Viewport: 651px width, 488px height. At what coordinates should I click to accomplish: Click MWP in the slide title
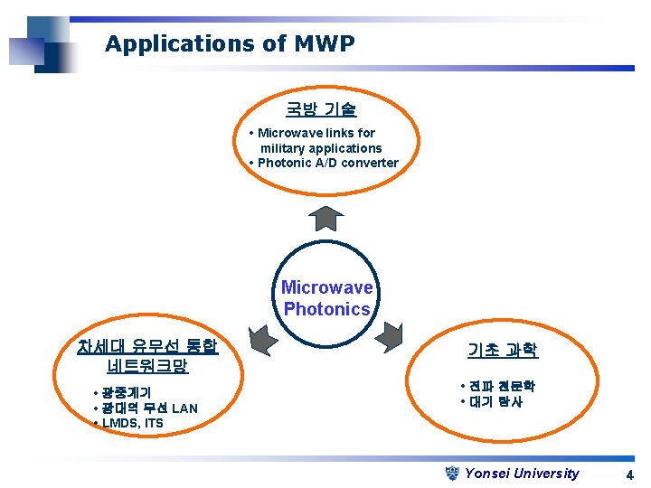click(x=324, y=43)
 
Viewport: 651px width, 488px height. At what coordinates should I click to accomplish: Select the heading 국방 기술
click(x=321, y=109)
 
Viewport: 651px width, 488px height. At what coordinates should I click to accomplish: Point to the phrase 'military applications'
click(x=321, y=148)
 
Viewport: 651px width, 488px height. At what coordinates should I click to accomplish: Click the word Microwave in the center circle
click(x=326, y=287)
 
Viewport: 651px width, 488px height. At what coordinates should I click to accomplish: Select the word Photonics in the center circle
click(x=326, y=309)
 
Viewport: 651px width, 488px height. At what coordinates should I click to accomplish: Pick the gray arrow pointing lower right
click(x=391, y=337)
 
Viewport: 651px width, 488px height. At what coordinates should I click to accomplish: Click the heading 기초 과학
click(x=503, y=350)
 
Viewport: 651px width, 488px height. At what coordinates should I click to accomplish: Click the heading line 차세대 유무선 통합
click(x=147, y=346)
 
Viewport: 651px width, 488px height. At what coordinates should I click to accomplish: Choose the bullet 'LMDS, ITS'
click(x=132, y=423)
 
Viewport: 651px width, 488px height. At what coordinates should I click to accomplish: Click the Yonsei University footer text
click(x=522, y=473)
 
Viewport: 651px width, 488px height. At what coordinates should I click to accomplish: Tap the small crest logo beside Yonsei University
click(x=454, y=473)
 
